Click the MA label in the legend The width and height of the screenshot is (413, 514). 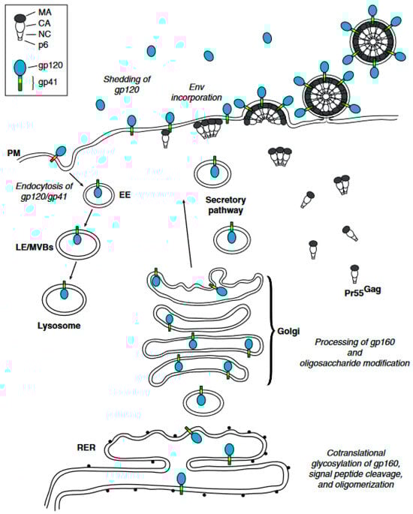pyautogui.click(x=53, y=11)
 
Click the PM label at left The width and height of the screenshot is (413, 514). pyautogui.click(x=14, y=152)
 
